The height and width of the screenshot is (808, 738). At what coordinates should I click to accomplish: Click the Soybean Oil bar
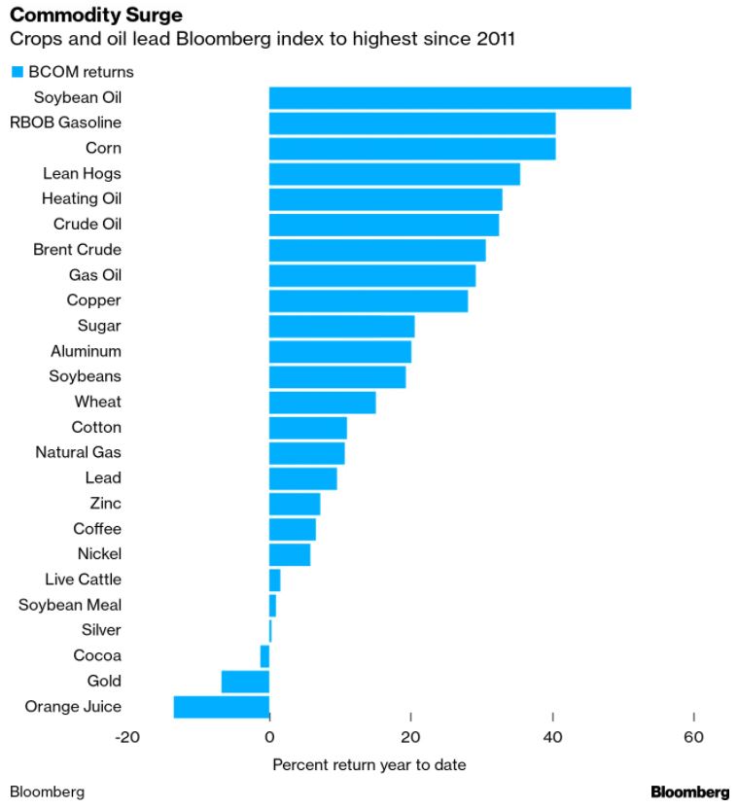pos(449,98)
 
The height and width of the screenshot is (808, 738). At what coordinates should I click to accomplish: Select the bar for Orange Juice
pos(222,707)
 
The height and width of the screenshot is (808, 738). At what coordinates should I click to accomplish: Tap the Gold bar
pos(245,682)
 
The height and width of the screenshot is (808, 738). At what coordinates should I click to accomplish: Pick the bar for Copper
pos(368,300)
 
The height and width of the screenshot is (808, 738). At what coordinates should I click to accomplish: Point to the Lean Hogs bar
pos(394,174)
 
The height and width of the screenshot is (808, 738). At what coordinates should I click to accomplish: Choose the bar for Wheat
pos(322,402)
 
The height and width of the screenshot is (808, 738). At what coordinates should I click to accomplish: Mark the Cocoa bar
pos(264,656)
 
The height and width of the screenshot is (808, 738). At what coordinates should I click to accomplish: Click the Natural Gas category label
pos(78,452)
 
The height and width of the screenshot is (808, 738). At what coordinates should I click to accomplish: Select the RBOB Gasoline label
pos(65,123)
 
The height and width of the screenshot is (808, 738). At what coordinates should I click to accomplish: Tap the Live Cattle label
pos(83,580)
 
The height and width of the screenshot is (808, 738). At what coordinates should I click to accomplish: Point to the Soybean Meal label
pos(70,605)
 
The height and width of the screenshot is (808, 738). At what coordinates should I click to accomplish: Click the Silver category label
pos(101,630)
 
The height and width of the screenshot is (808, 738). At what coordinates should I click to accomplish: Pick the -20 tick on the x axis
pos(127,737)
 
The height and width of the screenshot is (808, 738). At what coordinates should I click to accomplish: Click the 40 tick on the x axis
pos(552,737)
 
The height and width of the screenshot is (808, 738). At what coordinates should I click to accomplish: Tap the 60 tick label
pos(693,737)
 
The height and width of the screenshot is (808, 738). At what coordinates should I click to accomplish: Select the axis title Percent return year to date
pos(369,765)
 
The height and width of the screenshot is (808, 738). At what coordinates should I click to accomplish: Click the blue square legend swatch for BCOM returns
pos(17,72)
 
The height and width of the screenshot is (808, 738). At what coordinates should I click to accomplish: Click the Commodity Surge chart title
pos(95,17)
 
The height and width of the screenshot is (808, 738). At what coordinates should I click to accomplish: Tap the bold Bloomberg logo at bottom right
pos(689,791)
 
